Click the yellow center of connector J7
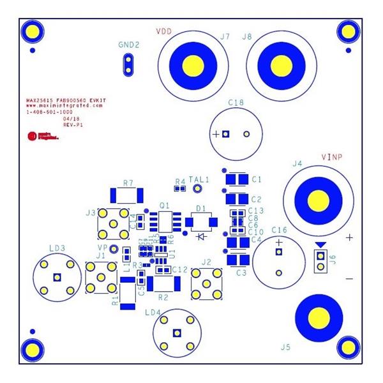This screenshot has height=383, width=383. point(194,64)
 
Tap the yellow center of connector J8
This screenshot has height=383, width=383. point(280,64)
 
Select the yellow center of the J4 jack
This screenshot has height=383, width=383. point(317,201)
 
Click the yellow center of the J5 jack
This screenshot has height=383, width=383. point(317,317)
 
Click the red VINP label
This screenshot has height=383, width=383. point(333,156)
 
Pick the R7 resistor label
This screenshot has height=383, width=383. point(129,183)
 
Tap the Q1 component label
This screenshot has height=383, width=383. point(164,206)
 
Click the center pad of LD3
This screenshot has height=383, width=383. point(57,277)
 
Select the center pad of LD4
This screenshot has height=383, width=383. point(176,332)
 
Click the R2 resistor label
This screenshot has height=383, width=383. point(163,297)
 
